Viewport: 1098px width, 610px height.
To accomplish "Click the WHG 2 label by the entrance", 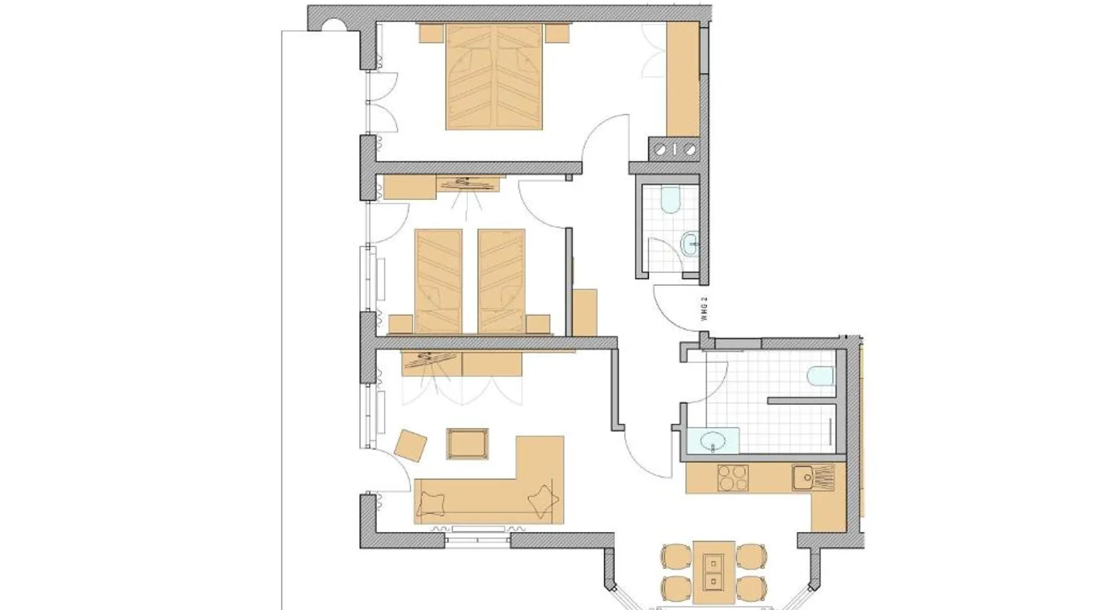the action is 704,309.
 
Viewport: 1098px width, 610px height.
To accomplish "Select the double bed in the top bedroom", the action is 494,76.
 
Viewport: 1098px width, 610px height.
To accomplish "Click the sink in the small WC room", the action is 691,243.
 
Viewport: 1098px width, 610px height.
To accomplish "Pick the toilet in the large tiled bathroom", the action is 820,376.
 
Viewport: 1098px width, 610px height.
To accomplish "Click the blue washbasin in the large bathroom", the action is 712,440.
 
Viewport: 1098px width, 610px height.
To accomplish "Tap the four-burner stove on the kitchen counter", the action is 733,478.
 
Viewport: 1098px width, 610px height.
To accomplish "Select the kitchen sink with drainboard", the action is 813,478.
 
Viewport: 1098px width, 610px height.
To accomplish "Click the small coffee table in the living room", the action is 467,443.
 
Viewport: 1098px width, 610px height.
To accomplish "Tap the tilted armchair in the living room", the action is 411,446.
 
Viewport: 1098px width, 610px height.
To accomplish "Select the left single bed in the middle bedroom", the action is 439,281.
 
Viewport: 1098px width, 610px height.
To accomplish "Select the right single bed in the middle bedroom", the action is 501,281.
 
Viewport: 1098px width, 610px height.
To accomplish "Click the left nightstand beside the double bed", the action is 431,33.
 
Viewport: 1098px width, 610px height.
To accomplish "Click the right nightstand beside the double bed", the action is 557,33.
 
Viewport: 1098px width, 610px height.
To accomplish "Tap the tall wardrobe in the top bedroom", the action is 683,79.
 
